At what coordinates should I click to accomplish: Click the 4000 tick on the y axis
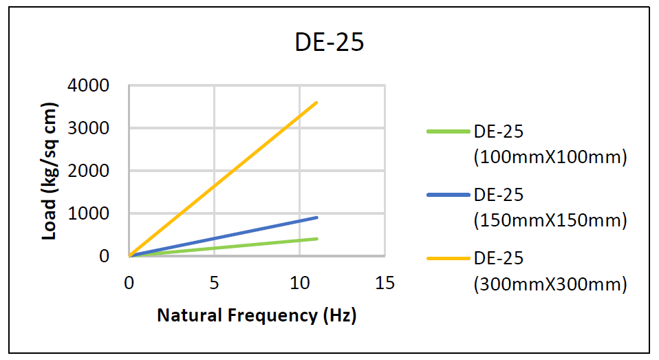pos(89,86)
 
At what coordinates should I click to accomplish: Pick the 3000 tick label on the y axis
pos(89,129)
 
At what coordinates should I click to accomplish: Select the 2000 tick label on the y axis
pos(89,171)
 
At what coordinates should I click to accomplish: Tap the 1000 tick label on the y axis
pos(89,213)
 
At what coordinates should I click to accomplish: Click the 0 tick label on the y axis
pos(104,256)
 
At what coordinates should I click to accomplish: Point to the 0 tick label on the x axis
pos(129,283)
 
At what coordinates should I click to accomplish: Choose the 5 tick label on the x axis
pos(214,283)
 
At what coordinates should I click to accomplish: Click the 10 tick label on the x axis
pos(299,283)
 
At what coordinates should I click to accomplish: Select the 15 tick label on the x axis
pos(385,283)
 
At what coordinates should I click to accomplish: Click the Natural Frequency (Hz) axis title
pos(257,315)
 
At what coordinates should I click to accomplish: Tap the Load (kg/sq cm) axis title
pos(50,171)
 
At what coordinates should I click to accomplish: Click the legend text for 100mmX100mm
pos(550,147)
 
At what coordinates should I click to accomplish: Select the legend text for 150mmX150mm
pos(550,210)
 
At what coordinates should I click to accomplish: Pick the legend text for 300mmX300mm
pos(550,273)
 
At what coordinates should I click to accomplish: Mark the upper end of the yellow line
pos(316,103)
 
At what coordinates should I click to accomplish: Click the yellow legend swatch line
pos(448,258)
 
